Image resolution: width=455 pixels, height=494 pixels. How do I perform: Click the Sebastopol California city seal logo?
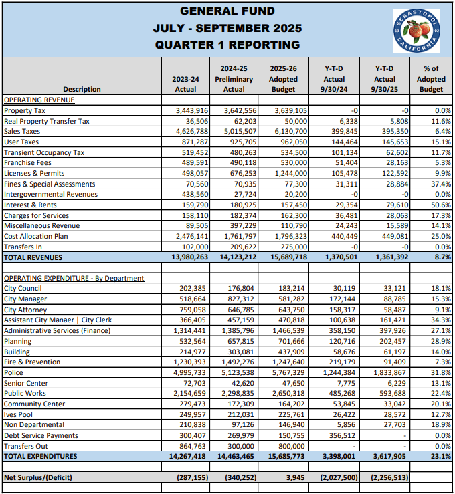pos(418,30)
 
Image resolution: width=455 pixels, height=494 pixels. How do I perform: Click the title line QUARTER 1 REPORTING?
pos(227,45)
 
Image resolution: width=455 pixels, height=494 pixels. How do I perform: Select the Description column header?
pos(82,89)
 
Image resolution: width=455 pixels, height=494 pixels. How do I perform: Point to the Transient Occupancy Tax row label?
pos(44,152)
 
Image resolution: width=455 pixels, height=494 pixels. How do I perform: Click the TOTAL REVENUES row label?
pos(33,257)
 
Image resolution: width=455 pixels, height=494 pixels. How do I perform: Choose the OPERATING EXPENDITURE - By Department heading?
pos(74,278)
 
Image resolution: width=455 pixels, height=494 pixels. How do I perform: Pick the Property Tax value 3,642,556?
pos(239,110)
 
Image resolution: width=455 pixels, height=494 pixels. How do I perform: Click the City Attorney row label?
pos(25,310)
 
